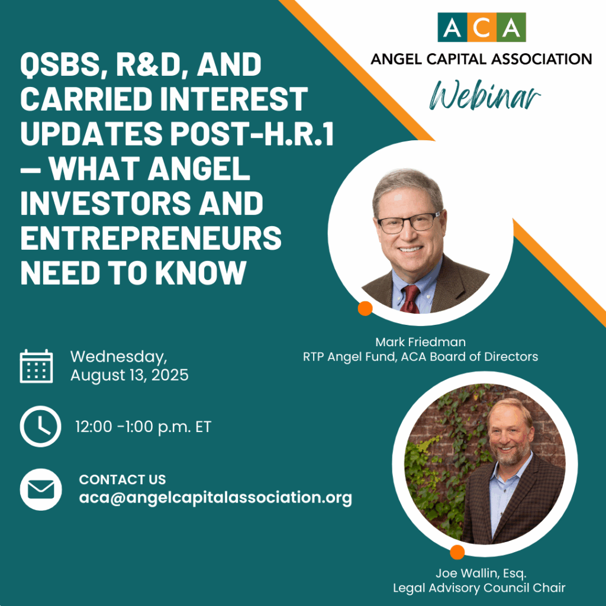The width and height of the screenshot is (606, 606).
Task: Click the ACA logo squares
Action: [482, 27]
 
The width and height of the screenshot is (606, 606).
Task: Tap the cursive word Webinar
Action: [485, 95]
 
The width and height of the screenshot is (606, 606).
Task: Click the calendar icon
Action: [36, 366]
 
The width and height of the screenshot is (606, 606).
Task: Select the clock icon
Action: [41, 426]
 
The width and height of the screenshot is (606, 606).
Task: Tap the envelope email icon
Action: [41, 489]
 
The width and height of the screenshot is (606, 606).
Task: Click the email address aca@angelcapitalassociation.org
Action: [215, 497]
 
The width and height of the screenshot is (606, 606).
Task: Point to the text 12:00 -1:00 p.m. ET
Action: [143, 427]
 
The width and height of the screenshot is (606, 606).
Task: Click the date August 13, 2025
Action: [130, 375]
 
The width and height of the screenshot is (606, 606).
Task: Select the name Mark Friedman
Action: [421, 342]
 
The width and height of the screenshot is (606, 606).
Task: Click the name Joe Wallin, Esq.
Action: [481, 573]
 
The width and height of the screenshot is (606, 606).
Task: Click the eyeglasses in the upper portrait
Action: [409, 223]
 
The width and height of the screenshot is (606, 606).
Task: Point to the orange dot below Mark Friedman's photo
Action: [365, 308]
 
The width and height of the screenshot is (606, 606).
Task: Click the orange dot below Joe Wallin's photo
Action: [457, 552]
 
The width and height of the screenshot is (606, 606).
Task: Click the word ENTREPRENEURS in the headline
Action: [151, 238]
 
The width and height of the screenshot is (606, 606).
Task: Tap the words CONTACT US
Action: [123, 479]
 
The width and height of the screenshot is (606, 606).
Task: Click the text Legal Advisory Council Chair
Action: [479, 588]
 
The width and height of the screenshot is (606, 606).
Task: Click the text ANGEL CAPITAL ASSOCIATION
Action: [481, 59]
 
